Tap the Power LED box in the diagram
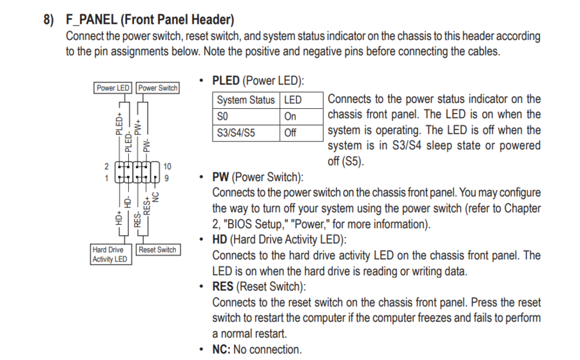[x=113, y=88]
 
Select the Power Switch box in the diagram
[x=158, y=88]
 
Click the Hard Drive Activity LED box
[x=110, y=254]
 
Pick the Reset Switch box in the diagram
[x=157, y=250]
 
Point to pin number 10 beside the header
[x=168, y=167]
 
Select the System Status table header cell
[x=246, y=100]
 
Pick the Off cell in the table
[x=291, y=133]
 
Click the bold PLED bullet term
[x=226, y=81]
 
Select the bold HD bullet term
[x=220, y=240]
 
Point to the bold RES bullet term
[x=223, y=287]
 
